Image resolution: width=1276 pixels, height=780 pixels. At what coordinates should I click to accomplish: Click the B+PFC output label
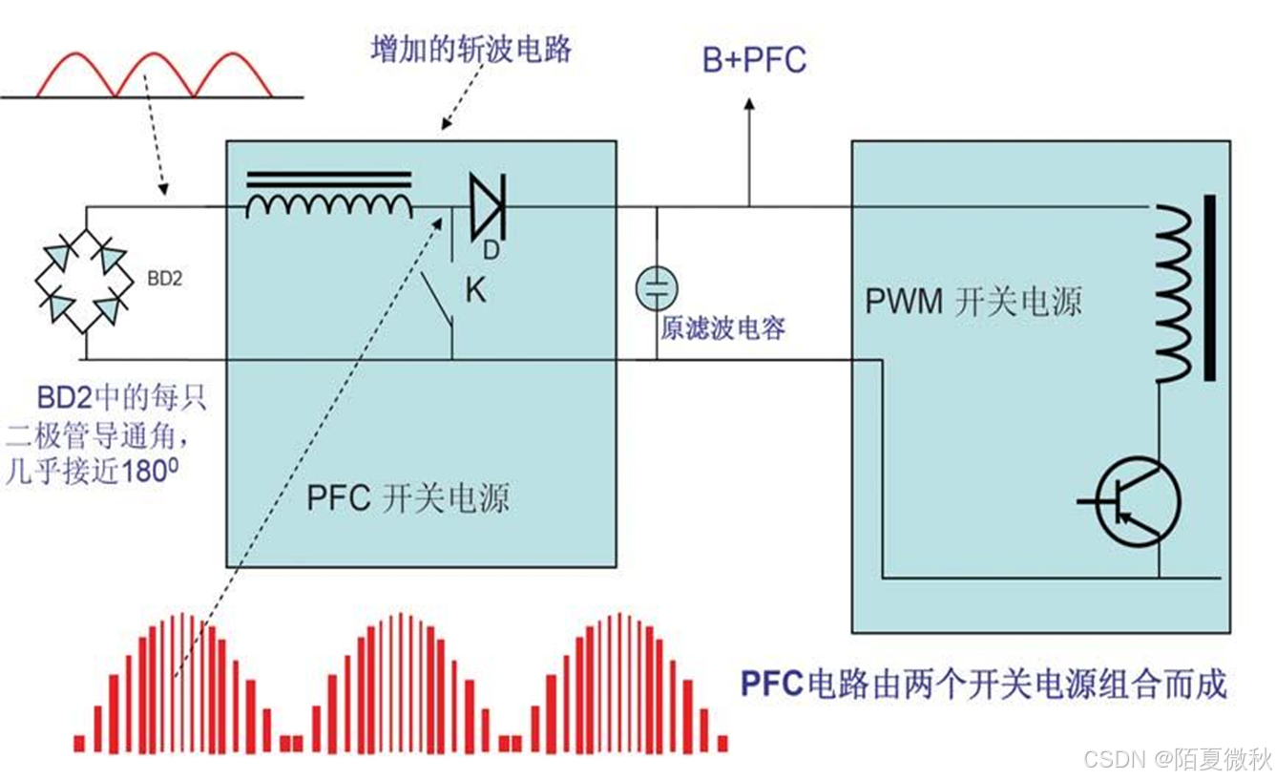[754, 60]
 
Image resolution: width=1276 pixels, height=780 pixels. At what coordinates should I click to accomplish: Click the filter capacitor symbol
[657, 287]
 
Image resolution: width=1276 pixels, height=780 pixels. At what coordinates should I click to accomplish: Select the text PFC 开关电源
[408, 497]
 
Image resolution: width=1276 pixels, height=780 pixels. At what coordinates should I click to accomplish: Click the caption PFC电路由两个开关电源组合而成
[983, 684]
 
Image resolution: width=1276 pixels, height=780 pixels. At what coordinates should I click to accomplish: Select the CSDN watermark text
[1177, 759]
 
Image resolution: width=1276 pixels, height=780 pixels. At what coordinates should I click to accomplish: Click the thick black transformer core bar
[1209, 287]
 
